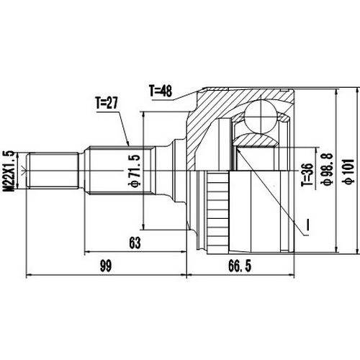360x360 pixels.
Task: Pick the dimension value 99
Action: pyautogui.click(x=105, y=266)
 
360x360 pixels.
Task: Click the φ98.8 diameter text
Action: pyautogui.click(x=326, y=173)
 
